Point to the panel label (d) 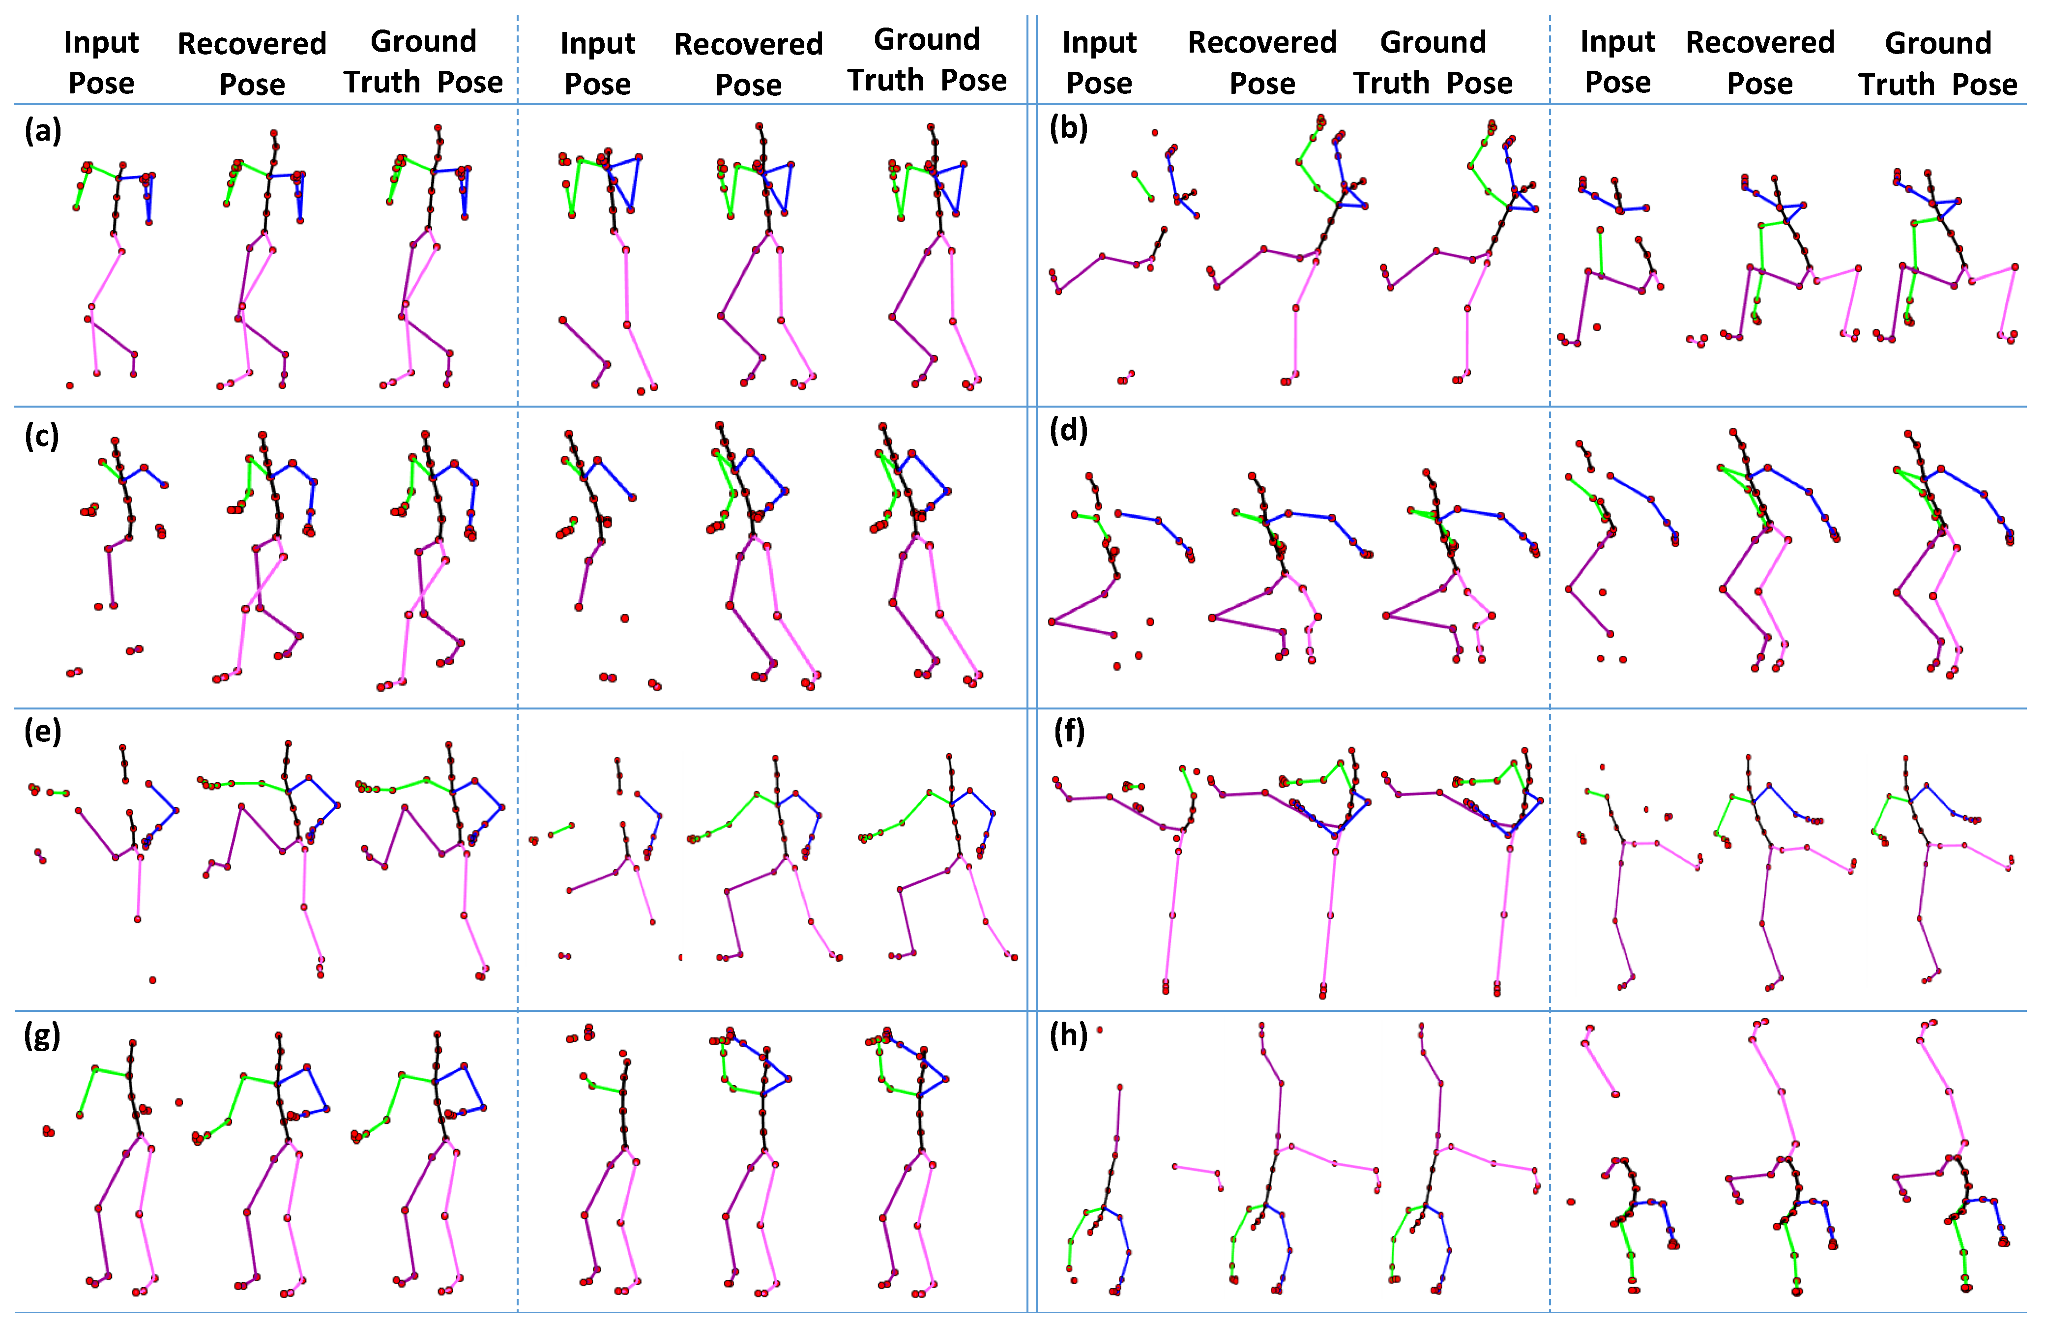pos(1068,429)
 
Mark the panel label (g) pos(42,1034)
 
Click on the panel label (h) pos(1068,1034)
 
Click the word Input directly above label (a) pos(101,42)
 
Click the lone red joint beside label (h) pos(1100,1030)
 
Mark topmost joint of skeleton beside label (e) pos(122,747)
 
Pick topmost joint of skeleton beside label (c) pos(115,441)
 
